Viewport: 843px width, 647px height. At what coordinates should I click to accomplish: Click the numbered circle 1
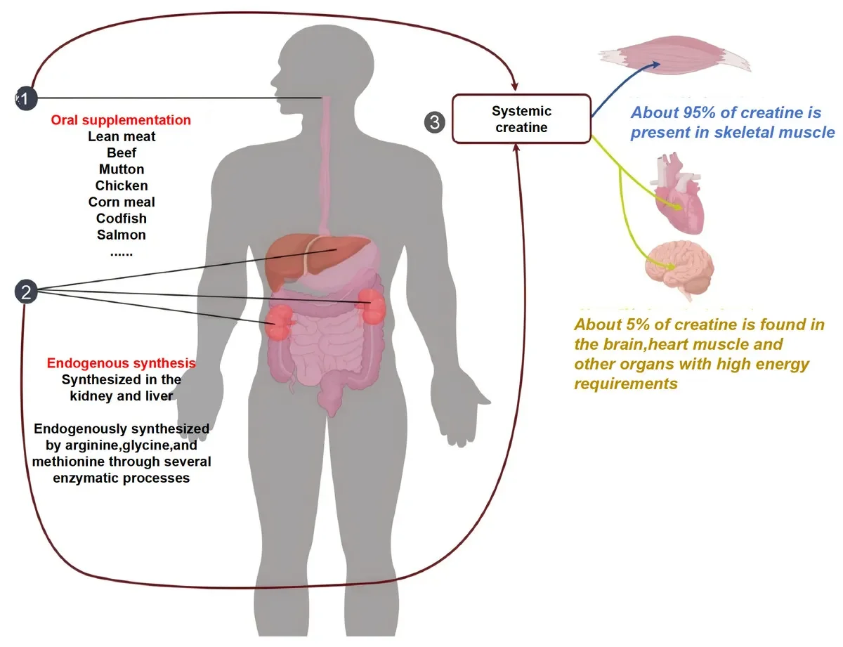(26, 98)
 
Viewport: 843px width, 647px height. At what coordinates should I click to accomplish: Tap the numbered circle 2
(26, 292)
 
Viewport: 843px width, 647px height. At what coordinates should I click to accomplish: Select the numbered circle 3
(434, 122)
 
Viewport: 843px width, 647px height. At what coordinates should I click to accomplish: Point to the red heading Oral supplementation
(121, 120)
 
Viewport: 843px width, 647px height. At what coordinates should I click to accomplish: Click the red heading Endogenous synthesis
(122, 363)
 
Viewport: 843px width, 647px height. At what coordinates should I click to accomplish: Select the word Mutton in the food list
(122, 169)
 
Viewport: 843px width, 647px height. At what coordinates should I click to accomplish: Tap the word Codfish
(122, 218)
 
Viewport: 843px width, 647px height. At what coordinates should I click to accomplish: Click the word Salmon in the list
(122, 235)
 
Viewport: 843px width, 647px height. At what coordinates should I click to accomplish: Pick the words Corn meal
(122, 202)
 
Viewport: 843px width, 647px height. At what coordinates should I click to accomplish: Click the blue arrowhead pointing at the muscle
(655, 65)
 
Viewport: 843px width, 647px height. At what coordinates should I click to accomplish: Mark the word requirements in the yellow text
(626, 384)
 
